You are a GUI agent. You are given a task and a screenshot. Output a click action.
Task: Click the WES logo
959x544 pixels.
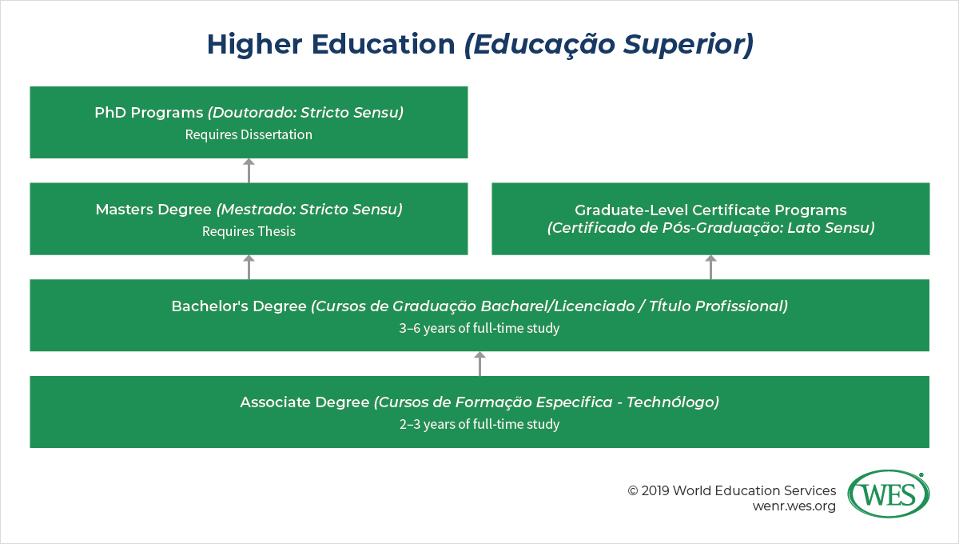889,494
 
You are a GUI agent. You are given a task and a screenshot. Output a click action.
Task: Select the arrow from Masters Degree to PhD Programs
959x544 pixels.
249,170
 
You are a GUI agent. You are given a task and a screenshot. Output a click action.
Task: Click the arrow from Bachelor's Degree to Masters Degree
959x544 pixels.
249,267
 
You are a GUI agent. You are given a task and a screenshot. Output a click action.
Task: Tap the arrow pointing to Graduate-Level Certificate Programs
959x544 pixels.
710,267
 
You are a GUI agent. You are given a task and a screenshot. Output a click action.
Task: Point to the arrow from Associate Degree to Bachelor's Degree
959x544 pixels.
479,363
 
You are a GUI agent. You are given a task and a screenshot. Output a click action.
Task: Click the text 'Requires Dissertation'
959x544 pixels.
249,134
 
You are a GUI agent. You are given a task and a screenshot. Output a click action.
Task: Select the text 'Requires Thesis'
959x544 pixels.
249,231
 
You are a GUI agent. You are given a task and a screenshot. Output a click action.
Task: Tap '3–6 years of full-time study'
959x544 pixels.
479,328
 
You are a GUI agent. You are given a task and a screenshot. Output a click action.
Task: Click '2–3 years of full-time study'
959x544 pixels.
479,424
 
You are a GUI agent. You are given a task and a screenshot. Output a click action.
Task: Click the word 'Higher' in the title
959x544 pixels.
255,44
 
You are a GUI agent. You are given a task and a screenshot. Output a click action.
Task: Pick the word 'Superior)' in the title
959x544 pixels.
688,45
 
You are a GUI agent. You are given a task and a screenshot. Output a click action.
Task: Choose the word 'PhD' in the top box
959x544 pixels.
110,113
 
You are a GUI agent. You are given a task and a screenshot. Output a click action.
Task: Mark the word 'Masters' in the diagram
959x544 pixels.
124,210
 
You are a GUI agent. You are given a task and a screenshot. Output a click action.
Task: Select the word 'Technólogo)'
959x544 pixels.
673,402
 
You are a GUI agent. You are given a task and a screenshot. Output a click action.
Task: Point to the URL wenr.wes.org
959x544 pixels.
794,506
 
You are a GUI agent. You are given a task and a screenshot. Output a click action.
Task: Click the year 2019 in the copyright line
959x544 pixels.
655,491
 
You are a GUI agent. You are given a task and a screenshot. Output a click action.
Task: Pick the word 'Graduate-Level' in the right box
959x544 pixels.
631,210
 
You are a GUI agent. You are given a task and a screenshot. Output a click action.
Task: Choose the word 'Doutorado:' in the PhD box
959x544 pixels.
253,113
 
